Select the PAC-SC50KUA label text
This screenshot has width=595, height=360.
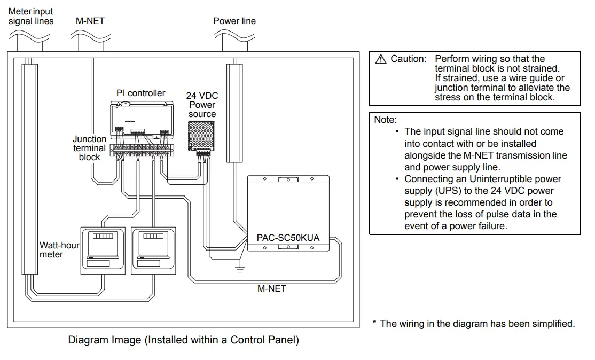(288, 237)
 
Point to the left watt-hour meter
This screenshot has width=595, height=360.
(103, 250)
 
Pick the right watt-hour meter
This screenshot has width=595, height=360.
(154, 250)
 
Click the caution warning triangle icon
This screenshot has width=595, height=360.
(381, 59)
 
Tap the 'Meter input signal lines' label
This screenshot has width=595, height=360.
(31, 16)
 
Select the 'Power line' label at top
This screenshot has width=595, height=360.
(234, 21)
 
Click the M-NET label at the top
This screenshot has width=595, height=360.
(90, 21)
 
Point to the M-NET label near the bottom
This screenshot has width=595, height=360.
(272, 288)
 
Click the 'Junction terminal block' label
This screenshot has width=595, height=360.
(90, 148)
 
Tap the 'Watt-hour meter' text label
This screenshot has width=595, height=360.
(59, 250)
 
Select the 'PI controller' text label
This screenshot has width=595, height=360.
(141, 93)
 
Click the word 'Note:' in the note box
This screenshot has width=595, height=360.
(386, 120)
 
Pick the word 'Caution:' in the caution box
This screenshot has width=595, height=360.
(409, 59)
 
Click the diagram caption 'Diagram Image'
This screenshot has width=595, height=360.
(183, 340)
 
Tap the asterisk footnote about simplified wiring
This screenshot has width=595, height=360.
(474, 323)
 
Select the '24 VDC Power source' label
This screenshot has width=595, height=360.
(202, 105)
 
